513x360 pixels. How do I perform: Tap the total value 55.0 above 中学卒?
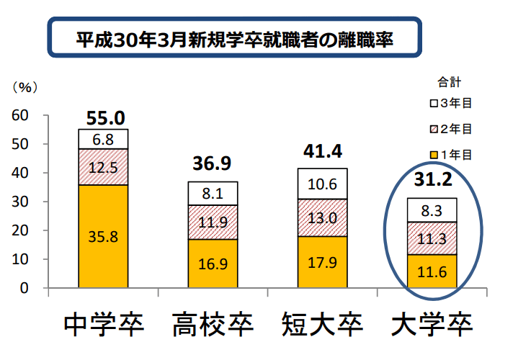pyautogui.click(x=105, y=117)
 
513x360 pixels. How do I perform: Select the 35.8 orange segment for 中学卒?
pyautogui.click(x=103, y=235)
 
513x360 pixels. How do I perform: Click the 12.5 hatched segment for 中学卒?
pyautogui.click(x=103, y=167)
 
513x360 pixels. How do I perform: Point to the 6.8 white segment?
pyautogui.click(x=103, y=139)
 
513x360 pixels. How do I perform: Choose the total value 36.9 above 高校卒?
pyautogui.click(x=212, y=163)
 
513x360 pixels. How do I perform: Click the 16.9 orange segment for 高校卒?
pyautogui.click(x=213, y=264)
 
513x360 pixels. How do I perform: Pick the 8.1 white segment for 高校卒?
pyautogui.click(x=213, y=193)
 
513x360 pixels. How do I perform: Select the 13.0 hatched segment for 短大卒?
pyautogui.click(x=322, y=217)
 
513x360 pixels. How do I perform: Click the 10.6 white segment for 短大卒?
pyautogui.click(x=322, y=184)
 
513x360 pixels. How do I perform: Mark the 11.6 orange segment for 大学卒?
pyautogui.click(x=432, y=271)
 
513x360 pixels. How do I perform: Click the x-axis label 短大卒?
pyautogui.click(x=321, y=325)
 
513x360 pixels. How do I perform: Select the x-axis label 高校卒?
pyautogui.click(x=212, y=325)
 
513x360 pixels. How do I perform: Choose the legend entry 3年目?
pyautogui.click(x=450, y=103)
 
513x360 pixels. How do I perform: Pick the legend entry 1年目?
pyautogui.click(x=450, y=153)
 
